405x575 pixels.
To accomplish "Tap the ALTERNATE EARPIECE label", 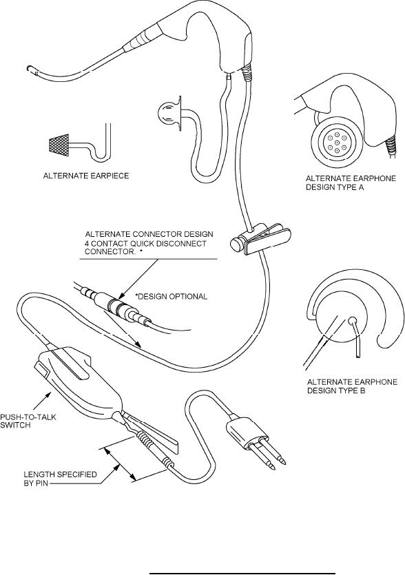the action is [x=86, y=176].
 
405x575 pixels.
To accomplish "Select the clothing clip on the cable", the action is [x=260, y=239].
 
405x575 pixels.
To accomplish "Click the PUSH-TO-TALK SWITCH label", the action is [x=28, y=421].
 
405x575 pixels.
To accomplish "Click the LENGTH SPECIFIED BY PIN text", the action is [x=60, y=479].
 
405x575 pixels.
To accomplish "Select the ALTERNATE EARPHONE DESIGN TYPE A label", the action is [x=351, y=183].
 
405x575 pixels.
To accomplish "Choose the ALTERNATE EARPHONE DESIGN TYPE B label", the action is [x=352, y=386].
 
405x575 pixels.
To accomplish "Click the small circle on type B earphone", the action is [x=352, y=320].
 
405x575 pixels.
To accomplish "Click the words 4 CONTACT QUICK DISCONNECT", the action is [x=145, y=244].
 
